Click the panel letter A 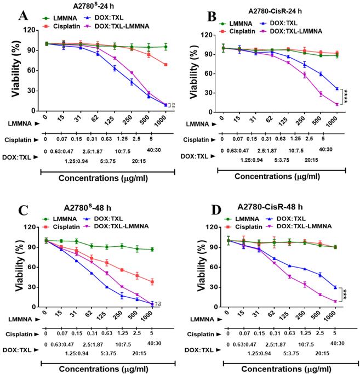(x=24, y=15)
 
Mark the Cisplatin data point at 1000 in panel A (x=165, y=65)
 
